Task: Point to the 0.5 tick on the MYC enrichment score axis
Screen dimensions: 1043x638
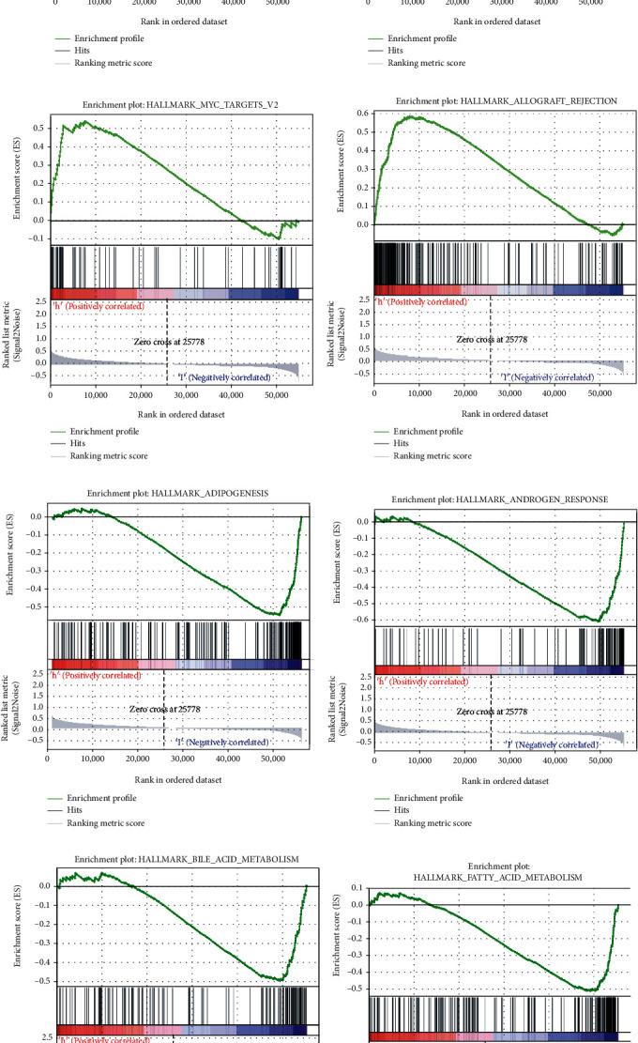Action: (38, 128)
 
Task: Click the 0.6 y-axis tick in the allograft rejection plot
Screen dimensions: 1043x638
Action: (362, 113)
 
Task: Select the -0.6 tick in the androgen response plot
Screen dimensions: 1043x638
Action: (360, 620)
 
